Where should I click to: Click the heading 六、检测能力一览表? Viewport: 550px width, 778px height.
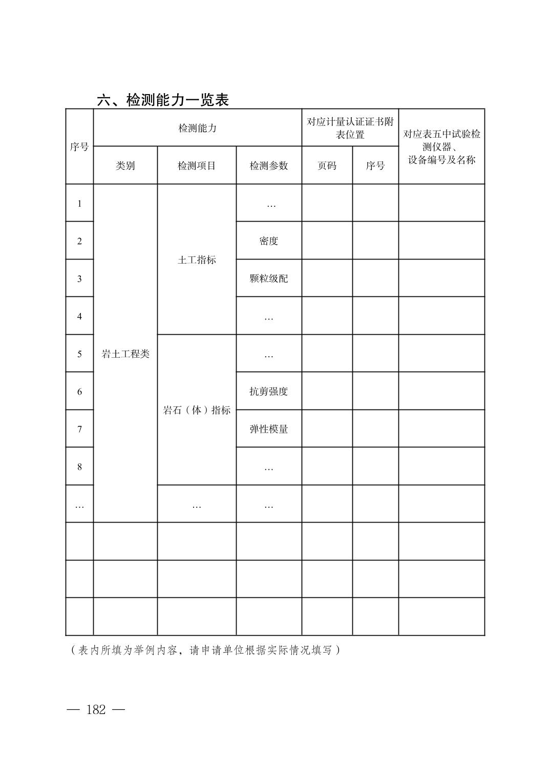pos(163,100)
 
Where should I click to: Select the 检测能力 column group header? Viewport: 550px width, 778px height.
pos(197,128)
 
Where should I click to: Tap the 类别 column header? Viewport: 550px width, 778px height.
pos(125,166)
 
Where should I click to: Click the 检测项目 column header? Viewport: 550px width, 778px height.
pos(197,166)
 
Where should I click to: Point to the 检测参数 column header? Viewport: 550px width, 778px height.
pos(269,166)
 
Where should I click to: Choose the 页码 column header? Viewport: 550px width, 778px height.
pos(327,166)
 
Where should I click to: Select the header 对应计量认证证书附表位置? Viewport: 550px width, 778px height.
pos(350,128)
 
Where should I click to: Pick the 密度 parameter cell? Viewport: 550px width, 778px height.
pos(269,241)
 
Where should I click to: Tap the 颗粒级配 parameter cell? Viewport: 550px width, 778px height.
pos(269,278)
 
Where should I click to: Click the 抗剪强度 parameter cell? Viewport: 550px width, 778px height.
pos(269,392)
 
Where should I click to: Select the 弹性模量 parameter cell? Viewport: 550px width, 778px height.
pos(269,429)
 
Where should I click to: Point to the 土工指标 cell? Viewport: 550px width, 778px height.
pos(197,260)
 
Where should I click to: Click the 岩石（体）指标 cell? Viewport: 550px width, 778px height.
pos(197,410)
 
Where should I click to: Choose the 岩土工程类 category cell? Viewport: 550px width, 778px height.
pos(125,354)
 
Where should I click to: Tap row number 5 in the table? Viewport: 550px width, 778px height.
pos(79,354)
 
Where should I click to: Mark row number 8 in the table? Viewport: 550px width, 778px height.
pos(79,467)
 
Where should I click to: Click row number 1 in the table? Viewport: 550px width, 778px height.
pos(79,204)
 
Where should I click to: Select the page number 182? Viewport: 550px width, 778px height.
pos(96,710)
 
